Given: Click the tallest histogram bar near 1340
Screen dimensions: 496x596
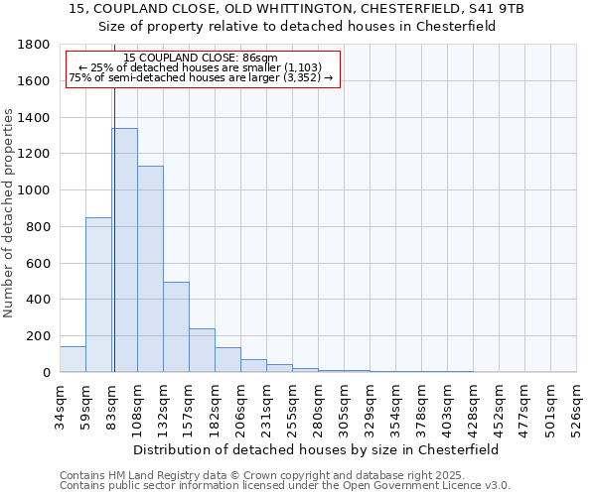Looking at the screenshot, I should [x=124, y=250].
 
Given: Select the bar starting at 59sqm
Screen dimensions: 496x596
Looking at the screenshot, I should [x=98, y=295].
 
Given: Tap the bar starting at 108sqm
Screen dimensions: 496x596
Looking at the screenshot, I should [x=150, y=269].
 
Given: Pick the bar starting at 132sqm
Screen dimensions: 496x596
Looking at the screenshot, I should [x=176, y=326].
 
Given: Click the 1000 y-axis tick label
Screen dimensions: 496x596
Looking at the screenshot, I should [x=35, y=190].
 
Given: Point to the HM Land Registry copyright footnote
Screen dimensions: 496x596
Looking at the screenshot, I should [x=284, y=475].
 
